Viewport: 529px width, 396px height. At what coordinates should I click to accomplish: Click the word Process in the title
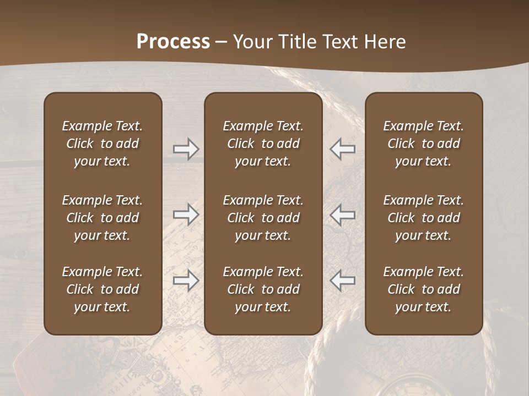173,42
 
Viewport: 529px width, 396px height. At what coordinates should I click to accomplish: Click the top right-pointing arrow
186,148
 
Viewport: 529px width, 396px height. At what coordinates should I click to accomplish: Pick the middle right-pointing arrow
186,215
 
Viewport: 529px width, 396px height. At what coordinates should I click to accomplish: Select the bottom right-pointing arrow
186,280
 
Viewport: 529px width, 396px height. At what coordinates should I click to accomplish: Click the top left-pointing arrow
343,148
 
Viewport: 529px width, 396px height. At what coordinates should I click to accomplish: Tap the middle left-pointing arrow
343,215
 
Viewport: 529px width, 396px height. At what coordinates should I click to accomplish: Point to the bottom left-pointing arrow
343,280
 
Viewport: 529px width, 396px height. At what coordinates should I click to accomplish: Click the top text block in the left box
102,144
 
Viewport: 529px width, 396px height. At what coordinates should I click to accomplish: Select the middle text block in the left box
102,218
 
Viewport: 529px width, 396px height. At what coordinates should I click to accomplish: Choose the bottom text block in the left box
102,289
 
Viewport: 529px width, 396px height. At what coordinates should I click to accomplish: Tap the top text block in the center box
263,144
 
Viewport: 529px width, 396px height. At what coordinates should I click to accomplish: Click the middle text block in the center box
263,218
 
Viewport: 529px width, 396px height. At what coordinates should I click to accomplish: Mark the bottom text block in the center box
263,289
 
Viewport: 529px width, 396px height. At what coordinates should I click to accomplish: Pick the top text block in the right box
424,144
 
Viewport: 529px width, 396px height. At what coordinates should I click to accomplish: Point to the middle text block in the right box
424,218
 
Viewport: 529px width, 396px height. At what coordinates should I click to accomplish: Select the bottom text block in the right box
424,289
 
